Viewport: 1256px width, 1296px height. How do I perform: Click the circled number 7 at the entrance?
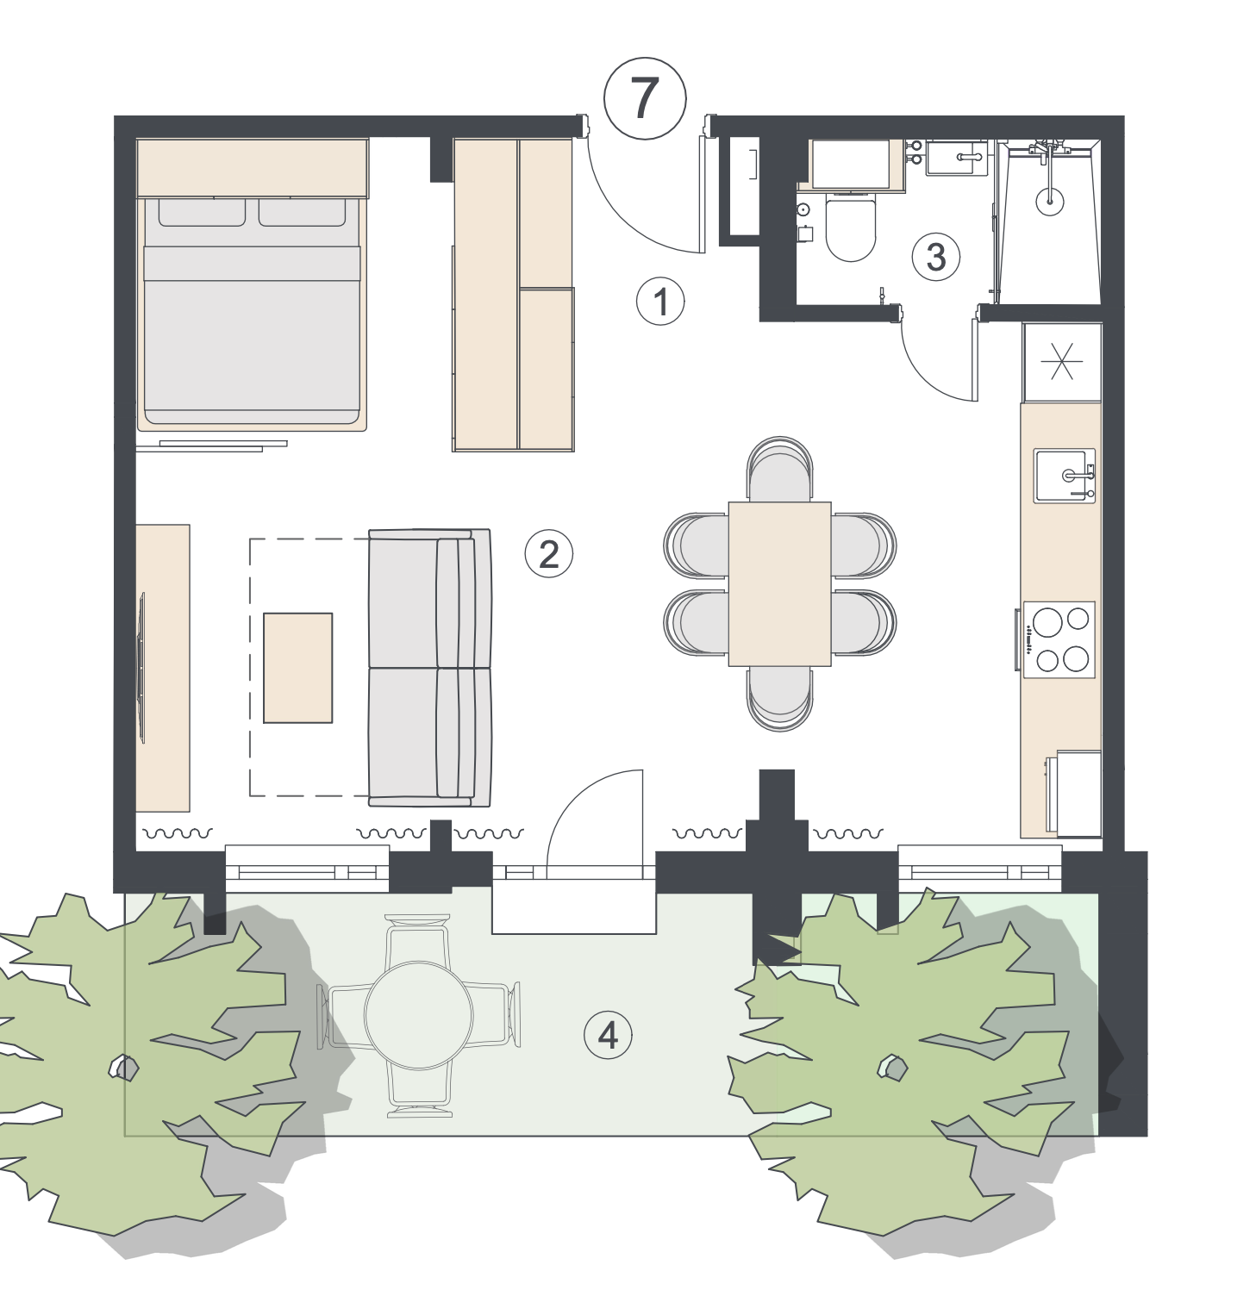645,98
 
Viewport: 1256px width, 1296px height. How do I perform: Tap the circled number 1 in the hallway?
661,302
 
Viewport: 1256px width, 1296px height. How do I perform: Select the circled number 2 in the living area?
549,554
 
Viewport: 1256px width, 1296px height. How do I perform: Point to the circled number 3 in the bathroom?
936,257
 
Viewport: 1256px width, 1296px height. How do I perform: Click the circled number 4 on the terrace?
609,1035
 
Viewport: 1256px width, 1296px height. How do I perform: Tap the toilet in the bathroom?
851,226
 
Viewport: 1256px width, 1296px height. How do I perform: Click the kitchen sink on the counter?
1065,475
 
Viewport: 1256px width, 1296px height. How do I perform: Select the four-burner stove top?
1059,639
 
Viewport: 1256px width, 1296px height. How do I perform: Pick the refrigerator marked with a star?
1062,362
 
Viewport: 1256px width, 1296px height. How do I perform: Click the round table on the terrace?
419,1015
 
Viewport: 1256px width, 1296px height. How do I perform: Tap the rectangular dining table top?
780,583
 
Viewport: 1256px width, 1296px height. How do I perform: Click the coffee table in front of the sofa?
298,668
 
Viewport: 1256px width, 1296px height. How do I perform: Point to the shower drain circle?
1050,202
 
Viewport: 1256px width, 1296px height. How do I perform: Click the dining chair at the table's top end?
780,469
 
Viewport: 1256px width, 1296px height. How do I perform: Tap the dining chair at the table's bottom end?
780,699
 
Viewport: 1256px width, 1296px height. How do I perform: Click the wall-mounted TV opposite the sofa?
142,667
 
